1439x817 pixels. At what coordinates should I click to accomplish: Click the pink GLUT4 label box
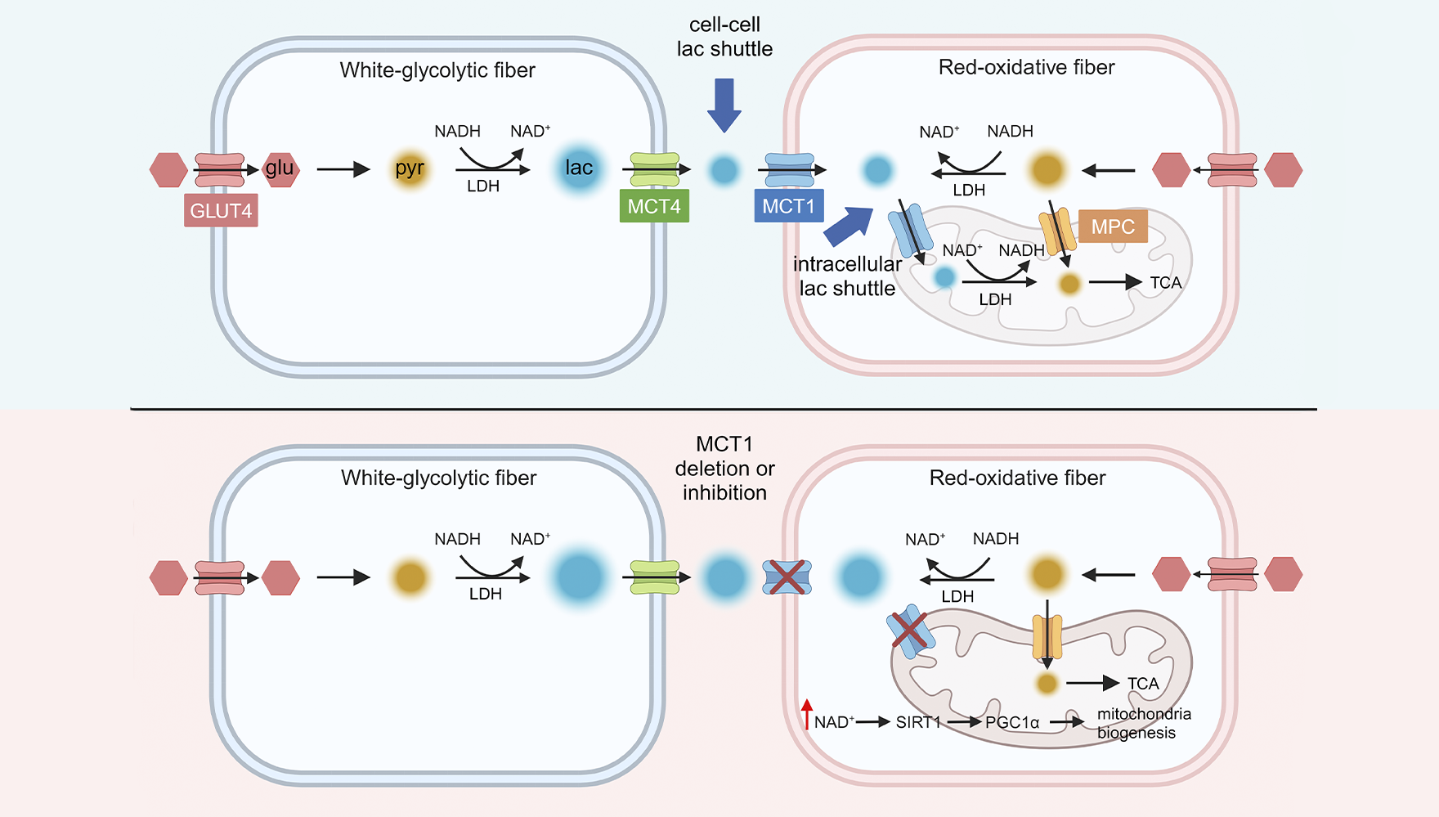pos(221,210)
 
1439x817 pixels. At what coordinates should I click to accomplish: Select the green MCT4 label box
pos(654,206)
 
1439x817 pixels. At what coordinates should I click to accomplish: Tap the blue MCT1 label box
pos(788,206)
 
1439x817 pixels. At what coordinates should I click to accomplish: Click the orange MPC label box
pos(1113,227)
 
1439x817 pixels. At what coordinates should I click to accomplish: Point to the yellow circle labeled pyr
pos(410,169)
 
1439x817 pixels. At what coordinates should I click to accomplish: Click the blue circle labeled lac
pos(579,168)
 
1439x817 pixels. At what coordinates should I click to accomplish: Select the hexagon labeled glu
pos(280,169)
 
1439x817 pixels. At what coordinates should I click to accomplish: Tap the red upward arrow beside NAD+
pos(807,714)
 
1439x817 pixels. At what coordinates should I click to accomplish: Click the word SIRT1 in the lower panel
pos(918,722)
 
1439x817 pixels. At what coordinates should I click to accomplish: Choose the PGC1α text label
pos(1012,722)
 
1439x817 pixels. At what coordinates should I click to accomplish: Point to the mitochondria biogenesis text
pos(1143,723)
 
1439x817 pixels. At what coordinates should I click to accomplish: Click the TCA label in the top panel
pos(1166,283)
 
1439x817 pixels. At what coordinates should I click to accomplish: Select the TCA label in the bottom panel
pos(1143,684)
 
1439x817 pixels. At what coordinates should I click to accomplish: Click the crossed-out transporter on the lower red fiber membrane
pos(787,577)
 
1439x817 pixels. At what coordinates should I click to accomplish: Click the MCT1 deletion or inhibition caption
pos(724,469)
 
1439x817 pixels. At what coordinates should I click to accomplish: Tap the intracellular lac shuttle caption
pos(847,276)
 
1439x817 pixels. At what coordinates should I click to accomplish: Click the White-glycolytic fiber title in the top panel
pos(437,70)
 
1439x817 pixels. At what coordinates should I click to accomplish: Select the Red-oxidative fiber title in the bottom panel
pos(1017,478)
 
